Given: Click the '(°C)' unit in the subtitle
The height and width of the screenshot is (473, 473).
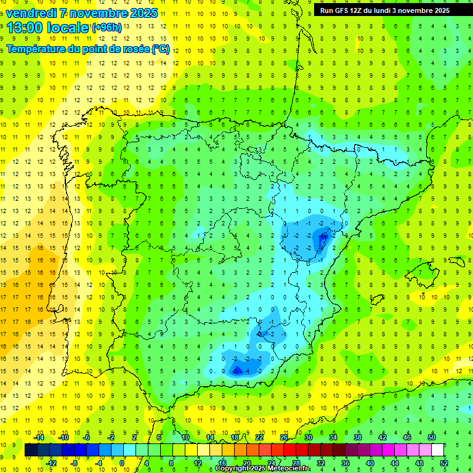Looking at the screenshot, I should [x=160, y=49].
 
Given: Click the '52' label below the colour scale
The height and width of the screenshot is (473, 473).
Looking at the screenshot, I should [x=443, y=463].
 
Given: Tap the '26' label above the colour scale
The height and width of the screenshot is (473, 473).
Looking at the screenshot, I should [x=283, y=437].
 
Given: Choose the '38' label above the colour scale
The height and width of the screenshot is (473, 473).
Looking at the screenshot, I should [x=357, y=437].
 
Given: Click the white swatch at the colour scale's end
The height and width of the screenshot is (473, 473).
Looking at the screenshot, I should [x=437, y=450].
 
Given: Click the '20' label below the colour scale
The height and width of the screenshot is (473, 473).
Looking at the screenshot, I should [x=246, y=463].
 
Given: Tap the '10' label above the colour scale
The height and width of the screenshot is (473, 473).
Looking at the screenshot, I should [x=185, y=437].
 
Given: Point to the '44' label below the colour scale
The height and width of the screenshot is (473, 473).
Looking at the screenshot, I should [x=394, y=463].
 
